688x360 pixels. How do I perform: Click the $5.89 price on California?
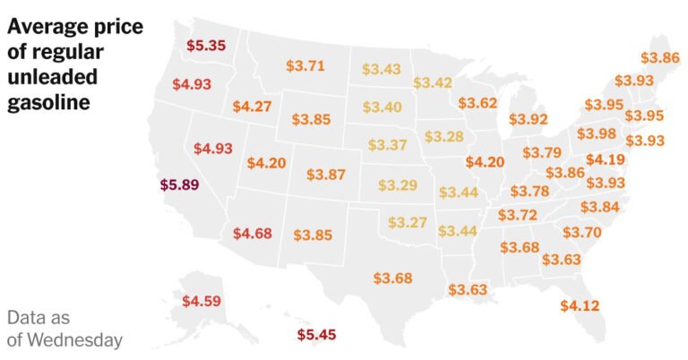[179, 185]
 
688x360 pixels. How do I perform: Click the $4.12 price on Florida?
[579, 305]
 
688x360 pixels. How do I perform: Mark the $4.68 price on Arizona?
[252, 234]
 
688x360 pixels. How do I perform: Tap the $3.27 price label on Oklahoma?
[407, 222]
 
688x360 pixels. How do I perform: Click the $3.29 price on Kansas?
[397, 185]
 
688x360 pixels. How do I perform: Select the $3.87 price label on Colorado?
[325, 175]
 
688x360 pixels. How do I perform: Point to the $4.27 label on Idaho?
[252, 106]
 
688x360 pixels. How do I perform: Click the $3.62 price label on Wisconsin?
[477, 103]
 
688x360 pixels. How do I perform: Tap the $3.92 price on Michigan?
[528, 118]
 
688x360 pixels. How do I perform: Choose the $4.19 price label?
[606, 160]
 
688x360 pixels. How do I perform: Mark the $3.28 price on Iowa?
[444, 136]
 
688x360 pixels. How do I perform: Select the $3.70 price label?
[581, 231]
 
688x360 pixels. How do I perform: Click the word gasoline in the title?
[49, 103]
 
